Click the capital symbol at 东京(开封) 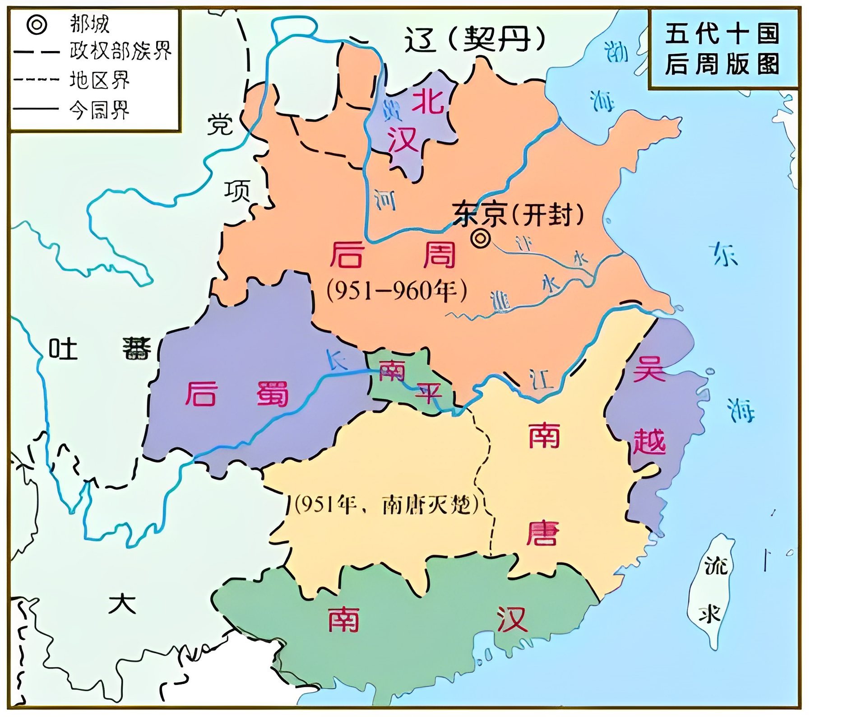pos(480,238)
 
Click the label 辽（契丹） pos(475,39)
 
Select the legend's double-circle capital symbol pos(37,24)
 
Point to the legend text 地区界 pos(99,80)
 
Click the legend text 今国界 pos(99,110)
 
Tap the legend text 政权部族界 pos(120,51)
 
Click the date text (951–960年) pos(396,291)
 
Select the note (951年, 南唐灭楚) pos(386,504)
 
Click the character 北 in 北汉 pos(428,100)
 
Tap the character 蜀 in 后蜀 pos(273,394)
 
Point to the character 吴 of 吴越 pos(649,369)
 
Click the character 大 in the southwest pos(122,604)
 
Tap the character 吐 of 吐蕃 pos(63,349)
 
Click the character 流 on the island pos(716,565)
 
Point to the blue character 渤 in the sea pos(616,51)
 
